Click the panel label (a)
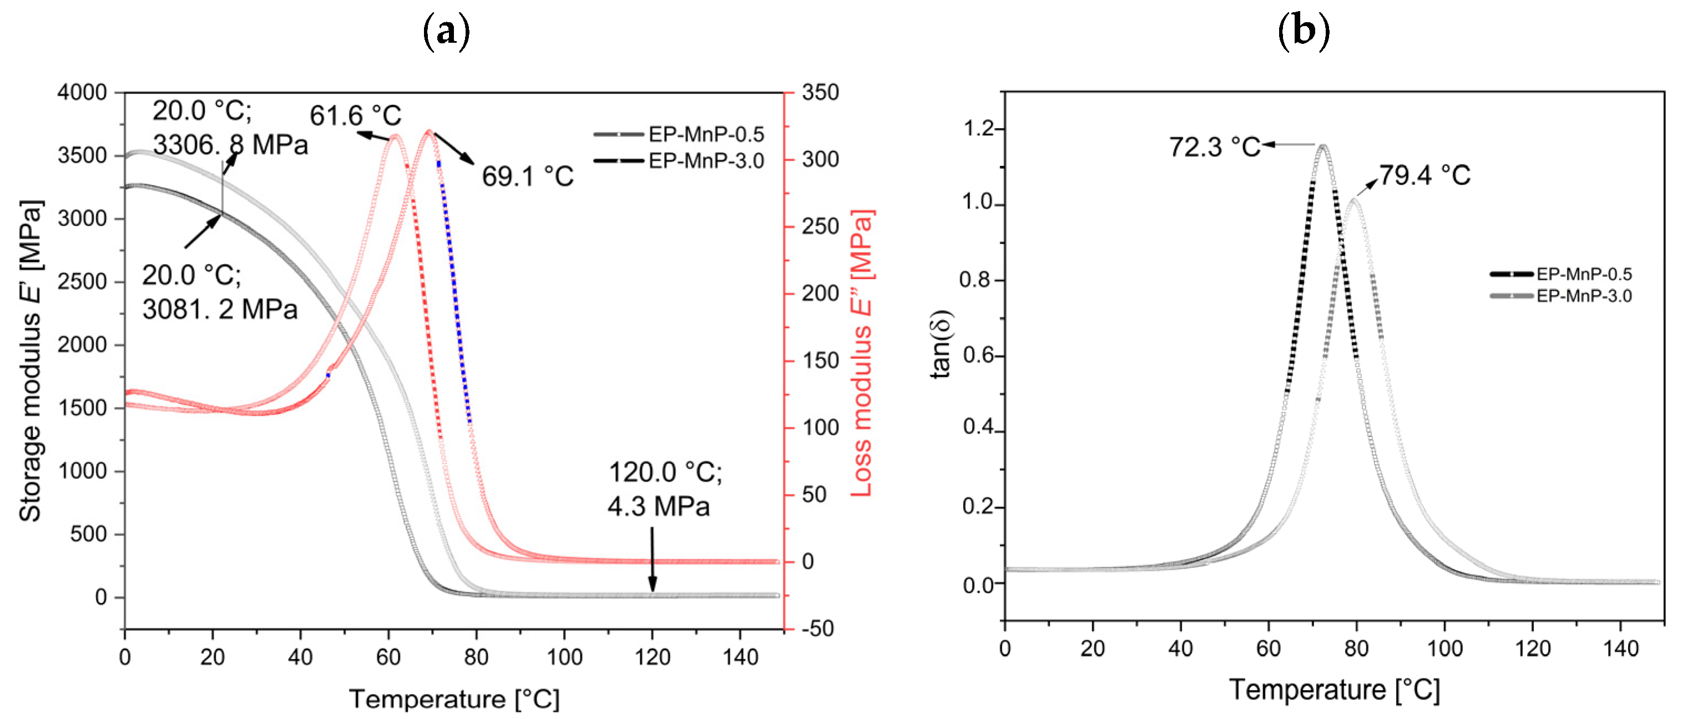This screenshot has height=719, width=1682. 447,31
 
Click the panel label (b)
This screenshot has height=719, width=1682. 1304,31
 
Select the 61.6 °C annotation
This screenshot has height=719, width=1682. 355,115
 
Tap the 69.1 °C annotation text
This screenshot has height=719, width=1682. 528,177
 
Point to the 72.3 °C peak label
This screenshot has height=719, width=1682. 1215,147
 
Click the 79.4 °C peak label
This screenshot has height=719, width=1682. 1425,175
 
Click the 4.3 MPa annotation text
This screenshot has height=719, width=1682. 658,507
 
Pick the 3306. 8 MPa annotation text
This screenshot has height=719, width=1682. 230,144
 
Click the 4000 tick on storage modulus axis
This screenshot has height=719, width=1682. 82,92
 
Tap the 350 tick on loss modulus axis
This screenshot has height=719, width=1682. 820,92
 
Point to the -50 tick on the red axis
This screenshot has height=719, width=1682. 817,629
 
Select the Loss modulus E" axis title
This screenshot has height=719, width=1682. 862,353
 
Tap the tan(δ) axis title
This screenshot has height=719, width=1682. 941,344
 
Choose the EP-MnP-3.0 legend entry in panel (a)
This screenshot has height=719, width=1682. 705,160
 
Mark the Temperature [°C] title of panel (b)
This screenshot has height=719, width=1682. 1334,690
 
